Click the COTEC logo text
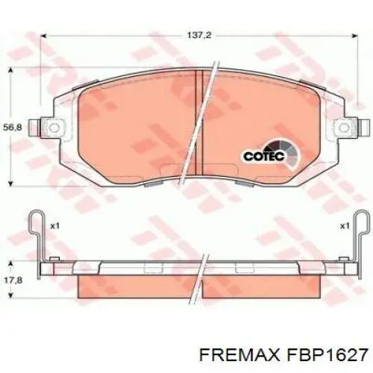pos(262,157)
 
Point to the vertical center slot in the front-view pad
pos(195,123)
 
